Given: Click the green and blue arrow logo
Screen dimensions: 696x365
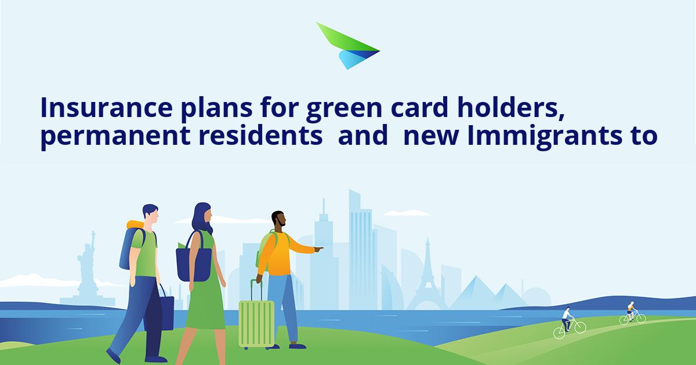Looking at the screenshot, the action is coord(346,46).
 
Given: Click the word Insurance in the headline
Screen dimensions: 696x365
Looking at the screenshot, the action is coord(106,107).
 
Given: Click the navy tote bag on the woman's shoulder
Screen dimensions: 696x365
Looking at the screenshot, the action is coord(194,261).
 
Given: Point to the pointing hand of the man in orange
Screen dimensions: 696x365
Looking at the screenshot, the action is coord(318,249).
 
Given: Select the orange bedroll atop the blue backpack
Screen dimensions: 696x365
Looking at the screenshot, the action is coord(136,225).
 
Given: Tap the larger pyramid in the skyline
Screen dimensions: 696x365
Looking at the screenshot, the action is coord(475,293).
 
